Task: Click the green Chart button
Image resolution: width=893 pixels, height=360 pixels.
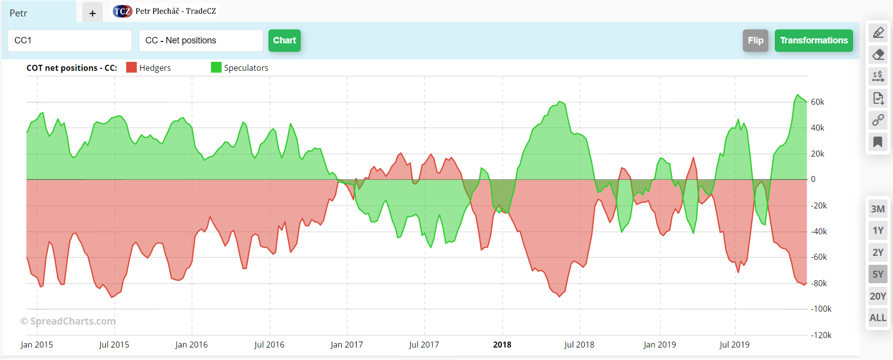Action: click(x=284, y=40)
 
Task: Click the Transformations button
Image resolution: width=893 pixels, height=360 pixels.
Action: click(x=813, y=40)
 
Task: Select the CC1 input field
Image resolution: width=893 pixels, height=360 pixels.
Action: click(x=70, y=40)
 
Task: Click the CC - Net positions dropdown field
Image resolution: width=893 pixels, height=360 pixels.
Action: click(x=201, y=40)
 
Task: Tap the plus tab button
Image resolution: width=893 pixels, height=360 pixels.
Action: click(x=92, y=13)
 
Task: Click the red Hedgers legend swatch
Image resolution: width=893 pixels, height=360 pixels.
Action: click(x=131, y=67)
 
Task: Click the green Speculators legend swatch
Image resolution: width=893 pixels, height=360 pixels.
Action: click(x=216, y=67)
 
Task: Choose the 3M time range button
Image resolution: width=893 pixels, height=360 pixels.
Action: click(x=878, y=209)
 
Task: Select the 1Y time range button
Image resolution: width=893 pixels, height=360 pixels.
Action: click(x=878, y=230)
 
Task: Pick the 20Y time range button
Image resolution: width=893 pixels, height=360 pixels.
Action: click(x=878, y=296)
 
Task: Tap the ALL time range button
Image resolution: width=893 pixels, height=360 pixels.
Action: click(x=878, y=318)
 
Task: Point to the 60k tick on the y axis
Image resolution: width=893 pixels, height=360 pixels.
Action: click(x=817, y=102)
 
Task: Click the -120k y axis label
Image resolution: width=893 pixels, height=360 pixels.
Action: click(x=821, y=335)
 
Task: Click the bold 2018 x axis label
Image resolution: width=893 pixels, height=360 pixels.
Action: click(x=502, y=345)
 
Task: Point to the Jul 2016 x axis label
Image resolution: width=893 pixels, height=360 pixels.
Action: click(x=269, y=345)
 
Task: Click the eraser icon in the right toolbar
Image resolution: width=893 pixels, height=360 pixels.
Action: click(x=878, y=54)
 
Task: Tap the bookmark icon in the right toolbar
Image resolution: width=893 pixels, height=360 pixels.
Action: click(x=878, y=142)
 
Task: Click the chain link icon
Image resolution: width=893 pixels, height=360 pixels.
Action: click(x=878, y=120)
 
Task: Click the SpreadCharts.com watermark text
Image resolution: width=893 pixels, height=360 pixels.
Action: click(x=68, y=321)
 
